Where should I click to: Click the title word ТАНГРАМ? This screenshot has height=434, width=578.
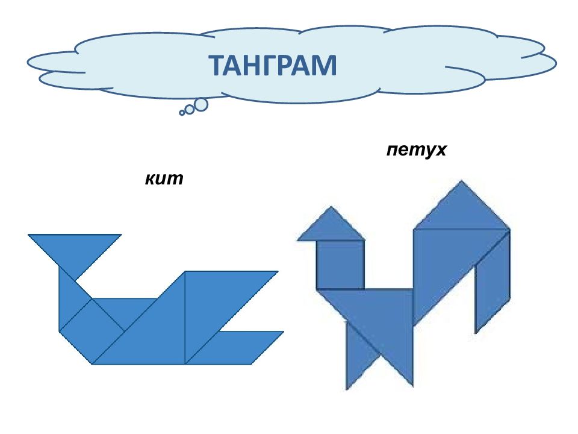[273, 65]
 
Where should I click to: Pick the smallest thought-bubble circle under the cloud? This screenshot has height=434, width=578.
[182, 113]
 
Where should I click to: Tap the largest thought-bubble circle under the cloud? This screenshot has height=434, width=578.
[200, 105]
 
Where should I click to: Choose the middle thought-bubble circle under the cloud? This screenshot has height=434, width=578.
[190, 110]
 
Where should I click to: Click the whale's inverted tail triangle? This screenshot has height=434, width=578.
[75, 250]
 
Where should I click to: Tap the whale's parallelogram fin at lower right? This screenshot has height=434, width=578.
[235, 348]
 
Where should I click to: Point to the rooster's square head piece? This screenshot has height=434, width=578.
[341, 265]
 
